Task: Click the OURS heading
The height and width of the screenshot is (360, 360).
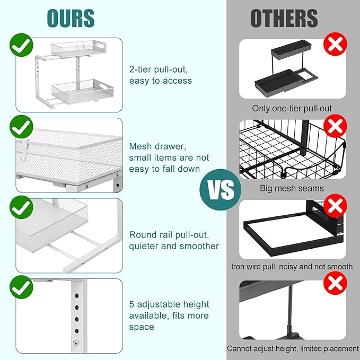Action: [x=71, y=18]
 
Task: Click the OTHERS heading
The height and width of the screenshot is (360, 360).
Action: [x=284, y=19]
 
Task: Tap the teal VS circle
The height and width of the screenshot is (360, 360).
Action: [x=221, y=190]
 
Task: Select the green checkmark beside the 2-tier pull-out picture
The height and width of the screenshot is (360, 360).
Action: [x=21, y=45]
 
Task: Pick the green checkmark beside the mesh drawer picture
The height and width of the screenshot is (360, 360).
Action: [x=21, y=127]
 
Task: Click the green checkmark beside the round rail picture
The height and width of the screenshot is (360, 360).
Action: [x=21, y=207]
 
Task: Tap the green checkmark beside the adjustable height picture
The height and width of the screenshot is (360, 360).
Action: [x=21, y=287]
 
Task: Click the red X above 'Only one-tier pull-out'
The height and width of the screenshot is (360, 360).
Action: [x=335, y=44]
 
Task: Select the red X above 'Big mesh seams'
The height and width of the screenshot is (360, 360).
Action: [x=335, y=126]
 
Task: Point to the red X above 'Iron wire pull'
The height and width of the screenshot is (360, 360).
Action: [x=335, y=206]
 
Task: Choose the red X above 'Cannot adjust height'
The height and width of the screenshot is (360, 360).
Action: [x=335, y=283]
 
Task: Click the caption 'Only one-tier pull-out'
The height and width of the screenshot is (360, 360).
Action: [x=292, y=108]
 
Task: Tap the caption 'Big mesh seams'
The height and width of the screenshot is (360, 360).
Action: [x=292, y=188]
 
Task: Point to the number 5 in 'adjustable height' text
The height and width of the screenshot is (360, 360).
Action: [x=131, y=304]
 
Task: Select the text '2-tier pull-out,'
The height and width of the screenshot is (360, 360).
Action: [x=159, y=69]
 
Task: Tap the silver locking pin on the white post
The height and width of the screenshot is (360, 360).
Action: [x=75, y=343]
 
